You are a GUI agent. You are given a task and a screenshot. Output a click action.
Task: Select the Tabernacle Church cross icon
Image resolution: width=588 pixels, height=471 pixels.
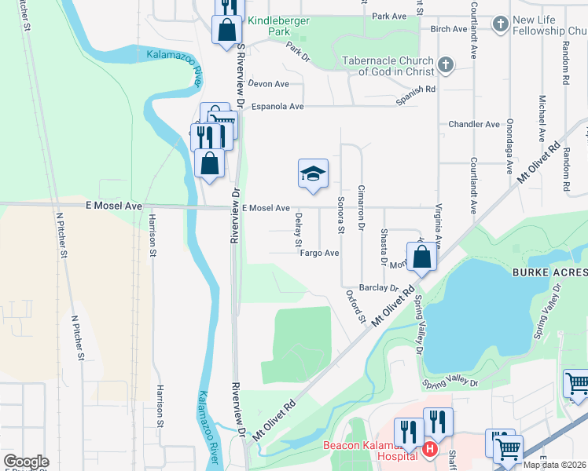[x=446, y=65]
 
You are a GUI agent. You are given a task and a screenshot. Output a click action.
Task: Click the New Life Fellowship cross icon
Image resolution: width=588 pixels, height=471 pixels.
[x=500, y=24]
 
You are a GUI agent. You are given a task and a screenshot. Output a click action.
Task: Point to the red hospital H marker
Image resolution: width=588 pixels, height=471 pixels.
[x=429, y=450]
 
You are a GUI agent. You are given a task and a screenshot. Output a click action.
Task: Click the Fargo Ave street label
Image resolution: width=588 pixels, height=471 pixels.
[x=319, y=253]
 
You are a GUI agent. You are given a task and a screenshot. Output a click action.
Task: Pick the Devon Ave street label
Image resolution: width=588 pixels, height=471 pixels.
[x=268, y=84]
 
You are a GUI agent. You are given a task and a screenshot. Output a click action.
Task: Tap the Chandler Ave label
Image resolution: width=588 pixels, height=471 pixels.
[x=474, y=124]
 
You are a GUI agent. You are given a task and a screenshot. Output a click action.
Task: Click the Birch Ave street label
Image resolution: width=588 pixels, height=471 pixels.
[x=449, y=29]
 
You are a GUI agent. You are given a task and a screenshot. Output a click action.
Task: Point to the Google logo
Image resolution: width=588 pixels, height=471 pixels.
[x=26, y=462]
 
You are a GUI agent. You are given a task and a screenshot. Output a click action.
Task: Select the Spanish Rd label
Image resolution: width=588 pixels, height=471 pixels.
[x=416, y=89]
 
